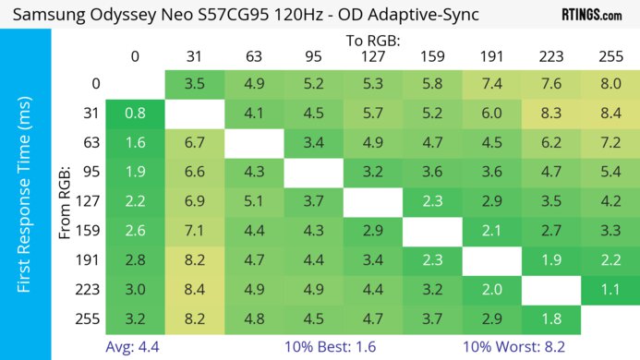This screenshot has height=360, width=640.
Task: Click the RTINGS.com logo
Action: pyautogui.click(x=591, y=16)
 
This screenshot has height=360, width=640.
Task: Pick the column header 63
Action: pyautogui.click(x=253, y=56)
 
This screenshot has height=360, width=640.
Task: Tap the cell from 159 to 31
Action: pyautogui.click(x=194, y=230)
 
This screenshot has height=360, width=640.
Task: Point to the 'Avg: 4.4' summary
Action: pyautogui.click(x=135, y=346)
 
